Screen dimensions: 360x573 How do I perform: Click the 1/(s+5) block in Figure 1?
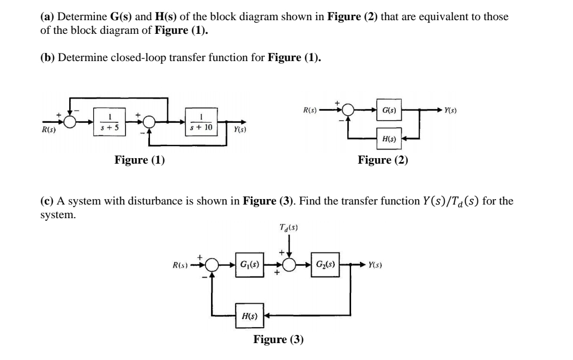point(111,122)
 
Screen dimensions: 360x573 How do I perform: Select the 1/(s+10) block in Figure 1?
point(202,122)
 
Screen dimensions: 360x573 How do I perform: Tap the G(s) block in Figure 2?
point(389,110)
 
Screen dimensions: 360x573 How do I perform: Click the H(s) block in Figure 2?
point(389,139)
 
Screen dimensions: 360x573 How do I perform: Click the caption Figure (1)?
point(140,160)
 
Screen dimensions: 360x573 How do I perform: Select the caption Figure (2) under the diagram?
point(383,160)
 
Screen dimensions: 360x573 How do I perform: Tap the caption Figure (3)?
point(278,339)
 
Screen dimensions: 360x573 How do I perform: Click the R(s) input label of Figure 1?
point(51,130)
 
